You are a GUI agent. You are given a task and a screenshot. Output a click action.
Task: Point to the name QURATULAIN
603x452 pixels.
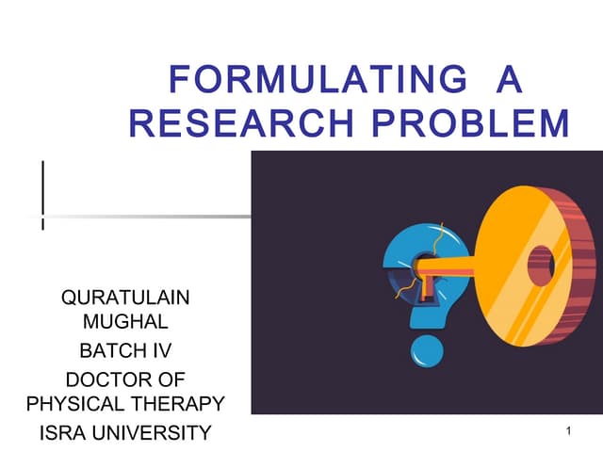[x=125, y=299]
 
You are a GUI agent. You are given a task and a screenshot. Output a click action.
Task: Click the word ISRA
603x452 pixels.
[x=67, y=433]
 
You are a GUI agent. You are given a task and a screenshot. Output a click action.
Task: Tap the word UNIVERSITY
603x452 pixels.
[x=156, y=433]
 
